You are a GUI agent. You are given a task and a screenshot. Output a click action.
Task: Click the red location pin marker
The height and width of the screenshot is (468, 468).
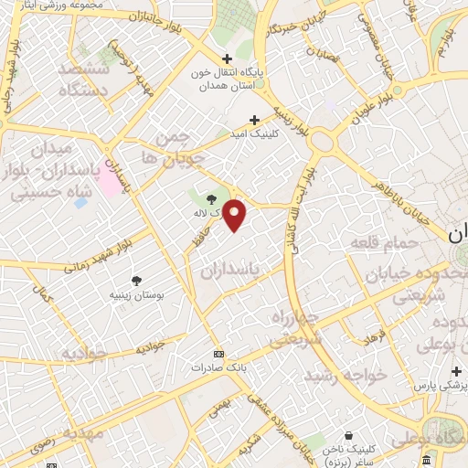pyautogui.click(x=235, y=215)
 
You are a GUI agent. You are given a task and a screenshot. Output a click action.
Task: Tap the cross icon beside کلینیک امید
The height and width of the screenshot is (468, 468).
pyautogui.click(x=255, y=120)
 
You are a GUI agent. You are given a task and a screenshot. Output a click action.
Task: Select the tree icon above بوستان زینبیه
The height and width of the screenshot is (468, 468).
pyautogui.click(x=136, y=281)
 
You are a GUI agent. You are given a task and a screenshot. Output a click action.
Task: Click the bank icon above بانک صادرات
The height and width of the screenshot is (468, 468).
pyautogui.click(x=218, y=353)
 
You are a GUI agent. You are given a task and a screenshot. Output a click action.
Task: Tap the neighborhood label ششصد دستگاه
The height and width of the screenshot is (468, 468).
pyautogui.click(x=83, y=80)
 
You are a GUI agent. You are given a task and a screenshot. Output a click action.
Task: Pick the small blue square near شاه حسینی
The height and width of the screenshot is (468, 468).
pyautogui.click(x=81, y=201)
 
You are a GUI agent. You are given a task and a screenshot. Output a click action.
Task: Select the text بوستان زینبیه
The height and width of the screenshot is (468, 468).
pyautogui.click(x=136, y=295)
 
